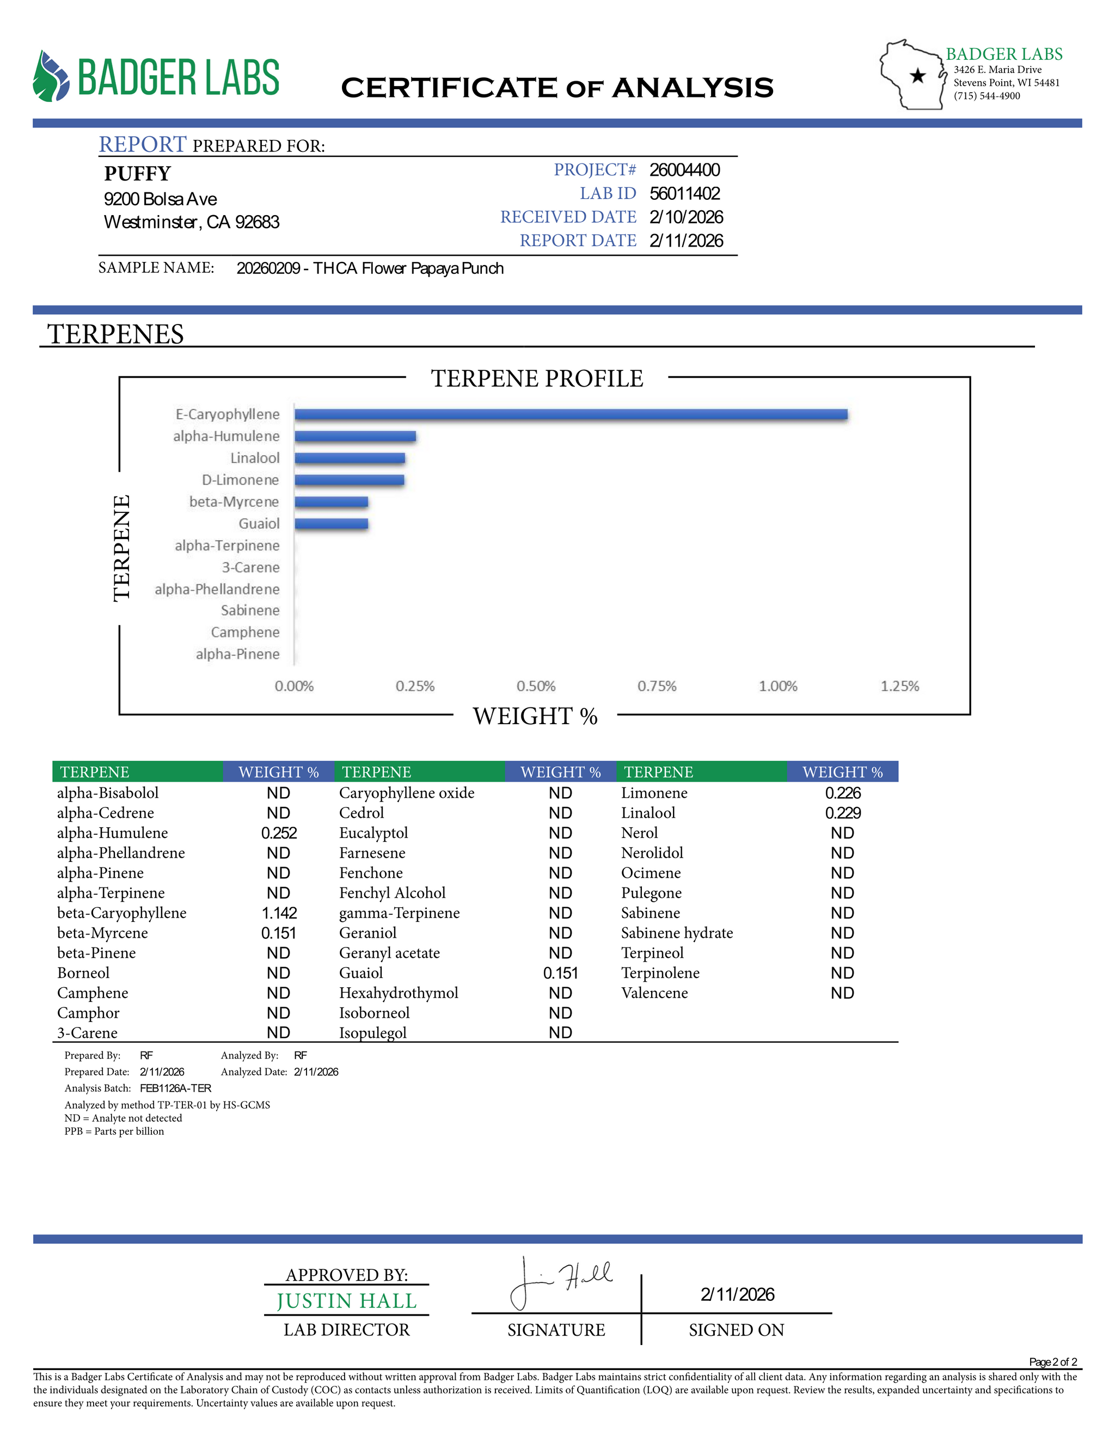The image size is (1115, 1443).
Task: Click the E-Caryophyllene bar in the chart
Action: point(571,414)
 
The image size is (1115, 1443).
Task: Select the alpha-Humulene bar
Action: point(356,436)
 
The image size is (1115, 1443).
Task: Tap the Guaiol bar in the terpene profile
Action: point(331,524)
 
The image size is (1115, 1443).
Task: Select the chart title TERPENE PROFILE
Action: point(537,378)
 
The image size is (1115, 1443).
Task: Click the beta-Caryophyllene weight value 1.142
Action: point(279,913)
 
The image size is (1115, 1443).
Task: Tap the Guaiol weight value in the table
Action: point(560,973)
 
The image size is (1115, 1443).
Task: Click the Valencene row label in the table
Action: point(654,993)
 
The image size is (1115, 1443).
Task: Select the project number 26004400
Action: point(684,170)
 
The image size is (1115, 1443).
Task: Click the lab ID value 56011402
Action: point(684,194)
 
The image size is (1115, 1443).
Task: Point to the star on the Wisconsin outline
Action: point(917,76)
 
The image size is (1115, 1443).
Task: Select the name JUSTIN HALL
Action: point(346,1301)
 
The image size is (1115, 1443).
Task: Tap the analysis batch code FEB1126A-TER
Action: point(175,1088)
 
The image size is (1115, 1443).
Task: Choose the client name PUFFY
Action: point(137,174)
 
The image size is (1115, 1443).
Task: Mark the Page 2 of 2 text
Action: point(1053,1362)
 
